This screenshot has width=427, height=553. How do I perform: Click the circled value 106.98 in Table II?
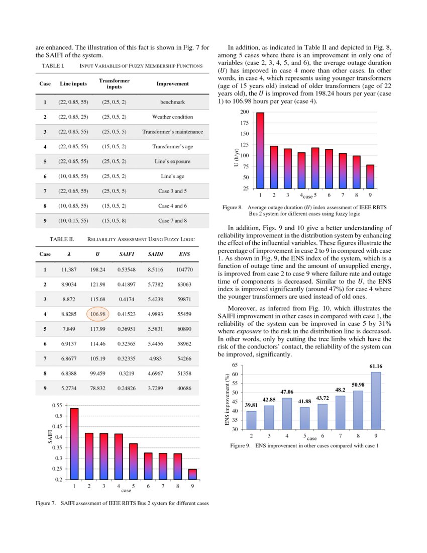pyautogui.click(x=97, y=314)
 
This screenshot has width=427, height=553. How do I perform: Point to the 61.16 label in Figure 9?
pyautogui.click(x=376, y=366)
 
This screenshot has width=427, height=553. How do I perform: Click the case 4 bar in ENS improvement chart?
pyautogui.click(x=286, y=414)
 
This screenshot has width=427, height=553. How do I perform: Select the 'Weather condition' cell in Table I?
pyautogui.click(x=172, y=117)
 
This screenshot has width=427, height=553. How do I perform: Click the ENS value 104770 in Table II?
pyautogui.click(x=184, y=270)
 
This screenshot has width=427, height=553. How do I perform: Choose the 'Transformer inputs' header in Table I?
pyautogui.click(x=114, y=84)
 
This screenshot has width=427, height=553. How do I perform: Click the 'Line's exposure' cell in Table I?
pyautogui.click(x=172, y=162)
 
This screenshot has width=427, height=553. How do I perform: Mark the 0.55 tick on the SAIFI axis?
pyautogui.click(x=57, y=405)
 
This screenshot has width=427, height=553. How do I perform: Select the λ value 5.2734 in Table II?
pyautogui.click(x=69, y=389)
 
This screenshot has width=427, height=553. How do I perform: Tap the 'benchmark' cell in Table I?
pyautogui.click(x=172, y=102)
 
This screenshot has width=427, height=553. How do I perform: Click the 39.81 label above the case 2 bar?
pyautogui.click(x=252, y=405)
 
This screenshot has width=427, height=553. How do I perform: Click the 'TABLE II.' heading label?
pyautogui.click(x=61, y=239)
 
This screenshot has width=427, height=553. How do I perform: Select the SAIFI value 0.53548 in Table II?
pyautogui.click(x=127, y=270)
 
